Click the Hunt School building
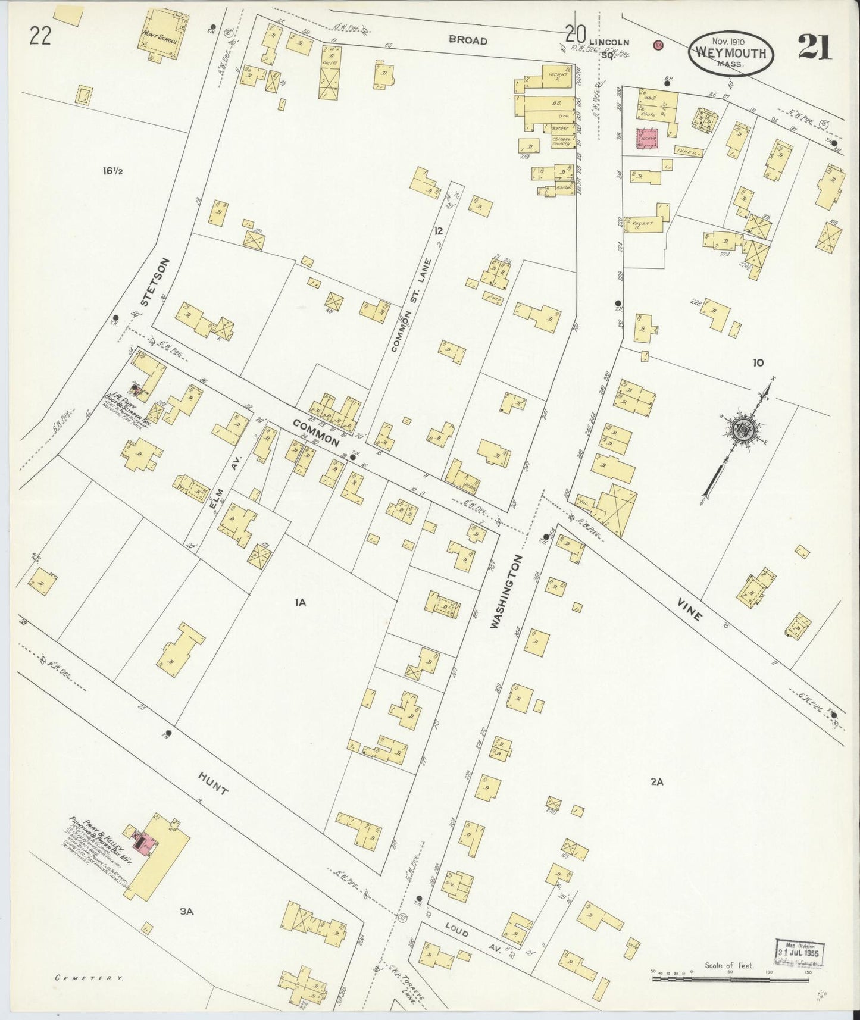[162, 34]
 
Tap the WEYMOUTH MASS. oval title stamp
[731, 53]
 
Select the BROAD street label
[468, 40]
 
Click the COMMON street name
[315, 432]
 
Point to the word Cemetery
[89, 977]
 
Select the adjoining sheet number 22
[39, 37]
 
